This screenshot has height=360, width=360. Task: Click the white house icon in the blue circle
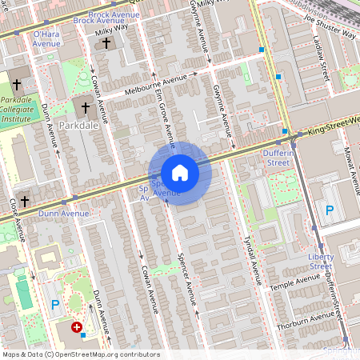click(x=179, y=173)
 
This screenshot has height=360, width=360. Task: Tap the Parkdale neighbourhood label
click(x=81, y=126)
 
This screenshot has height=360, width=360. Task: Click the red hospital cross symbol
click(x=77, y=327)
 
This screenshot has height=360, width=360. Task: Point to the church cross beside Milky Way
click(x=107, y=43)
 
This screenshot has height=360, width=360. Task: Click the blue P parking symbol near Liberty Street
click(x=329, y=210)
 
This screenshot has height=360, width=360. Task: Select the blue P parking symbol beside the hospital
click(x=55, y=305)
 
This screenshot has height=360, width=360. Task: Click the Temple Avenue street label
click(x=295, y=282)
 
